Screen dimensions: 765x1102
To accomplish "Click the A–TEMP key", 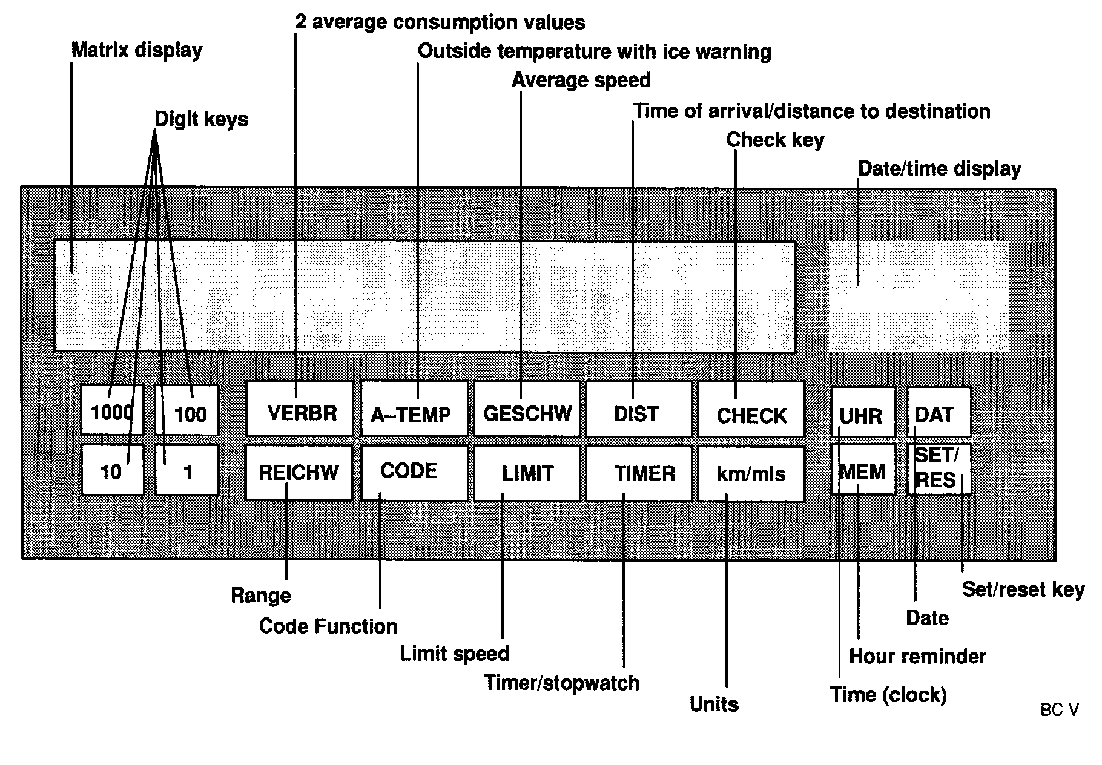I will [x=414, y=409].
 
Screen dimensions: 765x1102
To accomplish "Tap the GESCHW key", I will [x=527, y=409].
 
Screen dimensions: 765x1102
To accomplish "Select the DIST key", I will [x=639, y=409].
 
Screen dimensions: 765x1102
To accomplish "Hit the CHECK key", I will [x=751, y=409].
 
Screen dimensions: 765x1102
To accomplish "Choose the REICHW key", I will [x=299, y=473].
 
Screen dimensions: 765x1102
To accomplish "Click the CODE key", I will [x=414, y=473].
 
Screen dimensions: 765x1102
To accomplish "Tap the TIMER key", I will [x=639, y=473].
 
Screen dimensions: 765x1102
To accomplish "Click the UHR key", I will [x=863, y=412].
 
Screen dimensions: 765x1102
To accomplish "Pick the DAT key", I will [x=939, y=412].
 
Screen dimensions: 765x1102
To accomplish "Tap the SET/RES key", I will [x=939, y=469].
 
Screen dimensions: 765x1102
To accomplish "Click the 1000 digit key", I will [x=112, y=410].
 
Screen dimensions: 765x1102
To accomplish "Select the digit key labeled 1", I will [x=187, y=470].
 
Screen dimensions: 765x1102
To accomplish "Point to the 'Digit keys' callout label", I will [x=202, y=119].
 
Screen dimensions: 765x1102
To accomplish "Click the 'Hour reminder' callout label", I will [x=917, y=657].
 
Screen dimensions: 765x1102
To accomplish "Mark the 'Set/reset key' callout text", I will [x=1023, y=589].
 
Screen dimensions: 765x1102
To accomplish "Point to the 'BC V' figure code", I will [x=1059, y=710].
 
